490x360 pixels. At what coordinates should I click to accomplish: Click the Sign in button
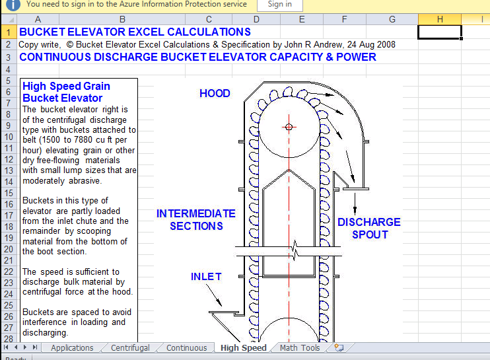pos(279,4)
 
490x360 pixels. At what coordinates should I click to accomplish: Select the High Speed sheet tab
pos(243,348)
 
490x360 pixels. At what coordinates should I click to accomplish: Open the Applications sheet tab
pos(72,348)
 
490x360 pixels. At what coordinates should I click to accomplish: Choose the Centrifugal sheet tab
pos(130,348)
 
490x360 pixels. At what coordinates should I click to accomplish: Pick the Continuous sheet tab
pos(186,348)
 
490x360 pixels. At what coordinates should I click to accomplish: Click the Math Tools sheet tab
pos(299,348)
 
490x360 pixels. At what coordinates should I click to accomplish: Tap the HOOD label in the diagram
pos(215,94)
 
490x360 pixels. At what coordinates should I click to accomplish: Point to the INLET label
pos(206,277)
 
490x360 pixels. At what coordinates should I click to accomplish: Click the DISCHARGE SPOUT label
pos(369,228)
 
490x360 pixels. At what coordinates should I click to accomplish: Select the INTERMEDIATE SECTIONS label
pos(196,220)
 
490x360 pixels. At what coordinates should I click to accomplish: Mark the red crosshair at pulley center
pos(289,127)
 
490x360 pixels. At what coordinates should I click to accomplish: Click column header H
pos(440,19)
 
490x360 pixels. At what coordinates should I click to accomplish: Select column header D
pos(256,19)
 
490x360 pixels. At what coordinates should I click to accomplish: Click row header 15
pos(9,194)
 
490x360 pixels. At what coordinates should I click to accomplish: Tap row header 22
pos(9,271)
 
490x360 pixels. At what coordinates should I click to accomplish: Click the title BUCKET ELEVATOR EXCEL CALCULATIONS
pos(135,32)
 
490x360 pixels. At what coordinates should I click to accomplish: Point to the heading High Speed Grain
pos(66,87)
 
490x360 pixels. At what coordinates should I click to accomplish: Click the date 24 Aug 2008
pos(369,44)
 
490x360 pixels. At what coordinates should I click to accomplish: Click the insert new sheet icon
pos(339,347)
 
